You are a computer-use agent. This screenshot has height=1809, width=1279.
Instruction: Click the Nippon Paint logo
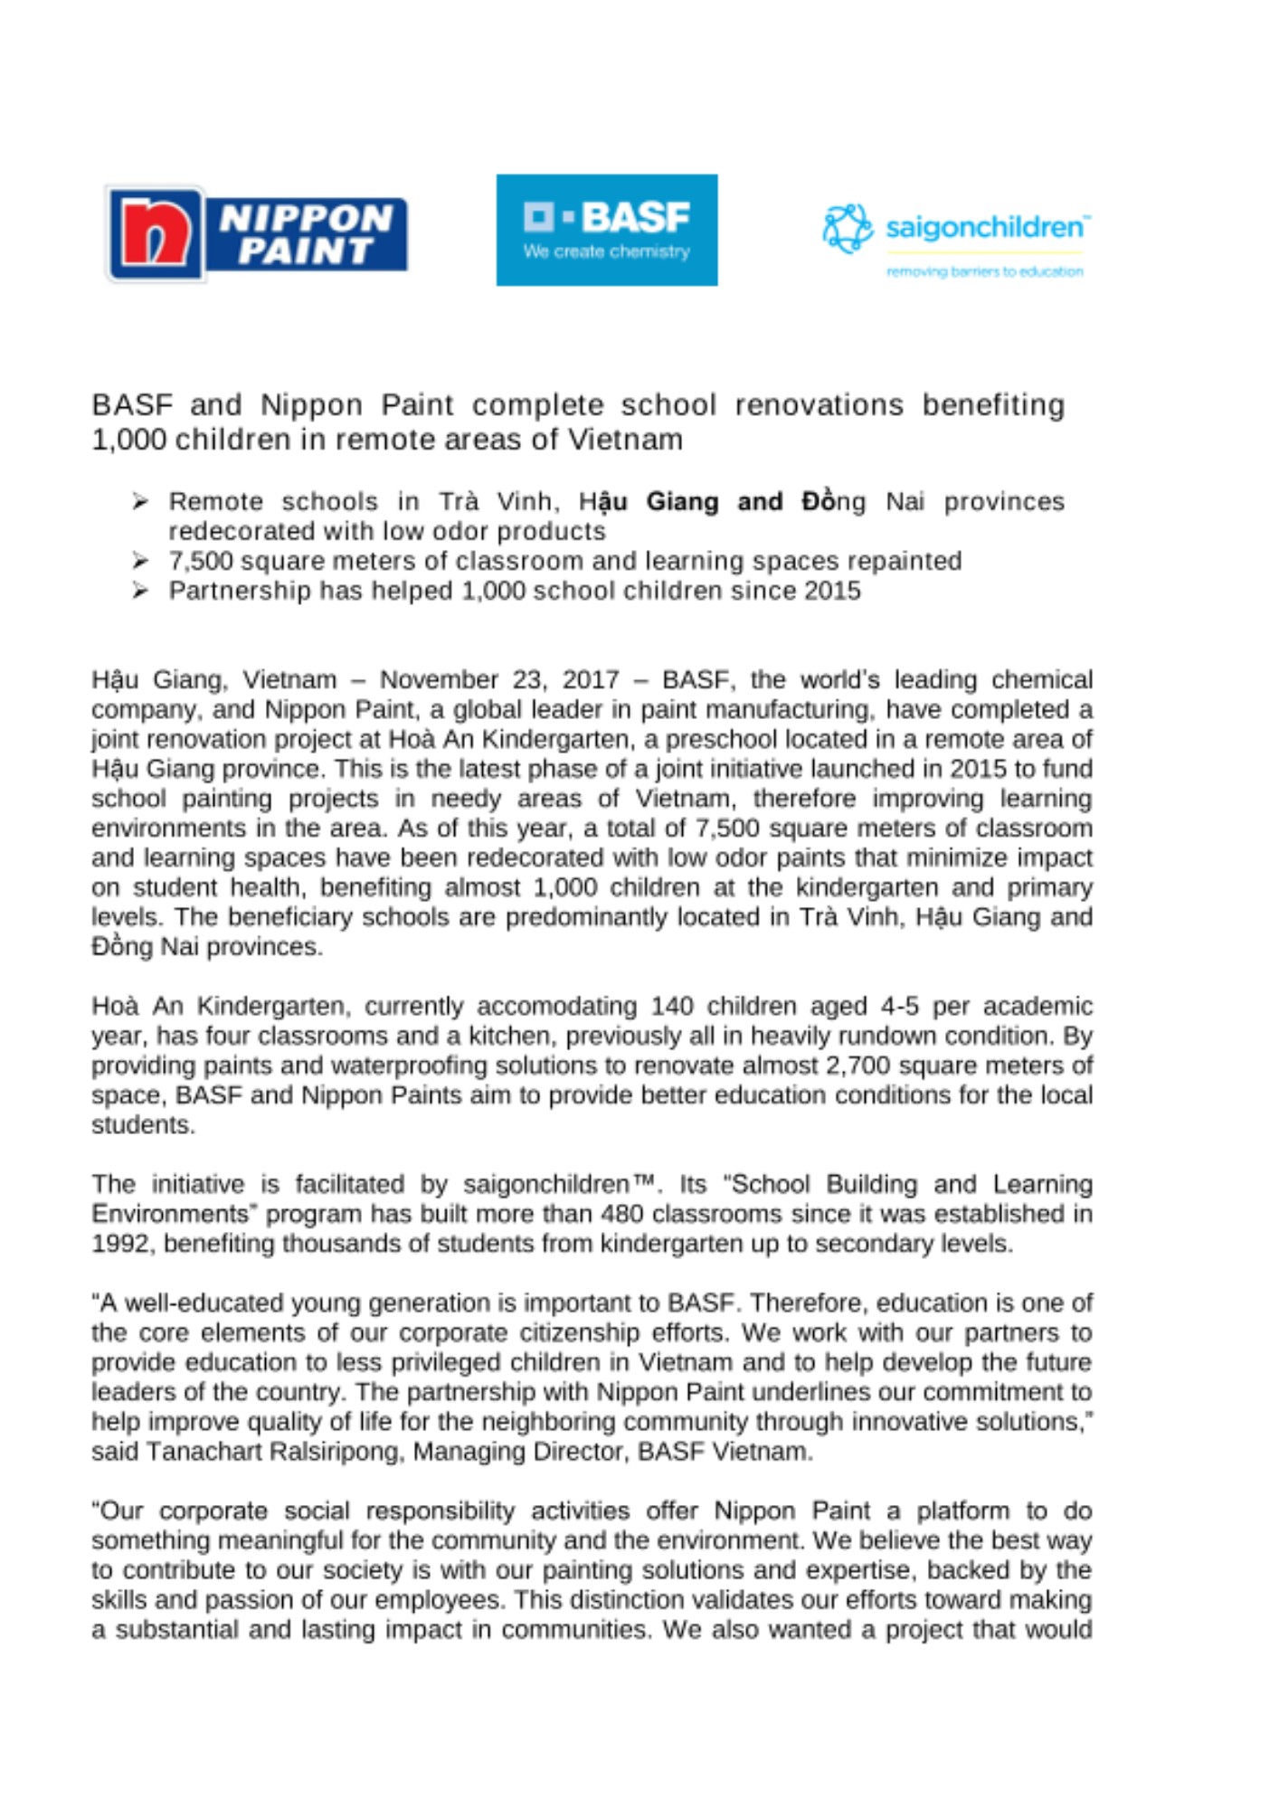click(258, 233)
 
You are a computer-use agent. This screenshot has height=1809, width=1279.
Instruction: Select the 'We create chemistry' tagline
click(606, 251)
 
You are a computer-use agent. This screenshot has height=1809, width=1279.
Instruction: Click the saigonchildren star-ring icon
click(848, 228)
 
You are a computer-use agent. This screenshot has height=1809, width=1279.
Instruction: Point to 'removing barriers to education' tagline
click(984, 271)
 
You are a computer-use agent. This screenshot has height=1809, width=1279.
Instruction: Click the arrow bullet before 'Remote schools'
click(140, 501)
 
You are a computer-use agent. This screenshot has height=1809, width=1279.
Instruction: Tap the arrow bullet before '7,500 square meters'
click(140, 561)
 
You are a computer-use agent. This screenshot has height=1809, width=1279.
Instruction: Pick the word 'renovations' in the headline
click(819, 404)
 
